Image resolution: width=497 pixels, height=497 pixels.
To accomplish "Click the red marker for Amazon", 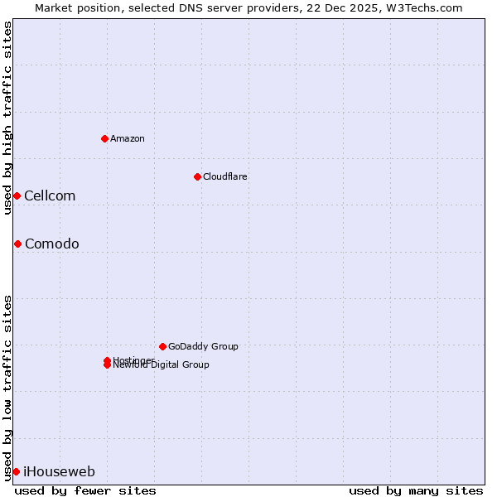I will coord(104,138).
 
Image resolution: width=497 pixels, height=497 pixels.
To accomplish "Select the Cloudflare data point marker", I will coord(197,176).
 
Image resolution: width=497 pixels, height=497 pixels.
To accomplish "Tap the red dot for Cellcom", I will coord(17,195).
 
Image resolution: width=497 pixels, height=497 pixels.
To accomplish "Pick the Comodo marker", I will coord(17,244).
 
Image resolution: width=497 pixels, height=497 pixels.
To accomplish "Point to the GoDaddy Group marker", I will coord(162,346).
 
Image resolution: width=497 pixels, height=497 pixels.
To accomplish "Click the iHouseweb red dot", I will coord(16,471).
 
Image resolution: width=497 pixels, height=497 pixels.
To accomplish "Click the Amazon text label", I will coord(127,138).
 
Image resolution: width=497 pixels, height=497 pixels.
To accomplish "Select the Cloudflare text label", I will coord(224,176).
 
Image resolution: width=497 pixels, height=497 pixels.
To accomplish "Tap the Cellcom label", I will coord(50,195).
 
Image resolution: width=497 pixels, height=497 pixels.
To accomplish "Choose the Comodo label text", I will coord(51,244).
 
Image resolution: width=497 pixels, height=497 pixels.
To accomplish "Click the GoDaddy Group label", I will coord(203,346).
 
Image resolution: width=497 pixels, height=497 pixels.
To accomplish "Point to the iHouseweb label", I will coord(59,471).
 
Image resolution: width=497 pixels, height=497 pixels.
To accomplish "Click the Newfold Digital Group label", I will coord(162,365).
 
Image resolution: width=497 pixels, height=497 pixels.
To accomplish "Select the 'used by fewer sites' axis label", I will coord(85,490).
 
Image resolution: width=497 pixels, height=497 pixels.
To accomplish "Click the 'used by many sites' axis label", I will coord(416,490).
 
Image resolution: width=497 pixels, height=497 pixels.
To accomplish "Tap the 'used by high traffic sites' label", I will coord(7,118).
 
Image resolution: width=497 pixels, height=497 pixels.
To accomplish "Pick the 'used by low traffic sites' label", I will coord(7,387).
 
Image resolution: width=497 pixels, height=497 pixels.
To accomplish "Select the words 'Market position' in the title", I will coord(73,7).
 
